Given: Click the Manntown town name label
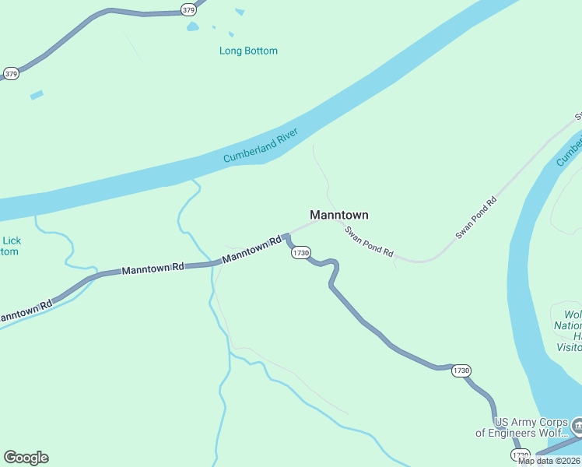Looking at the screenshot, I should [338, 215].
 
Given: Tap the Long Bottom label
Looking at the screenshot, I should [248, 51].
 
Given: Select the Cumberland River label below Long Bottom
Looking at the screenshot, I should [261, 146].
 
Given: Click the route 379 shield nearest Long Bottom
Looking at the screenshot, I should [188, 9].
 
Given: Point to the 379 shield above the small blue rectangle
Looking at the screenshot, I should [11, 74].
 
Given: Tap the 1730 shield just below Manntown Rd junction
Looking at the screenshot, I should [301, 252].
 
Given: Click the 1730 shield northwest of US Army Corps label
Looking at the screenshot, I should [461, 370].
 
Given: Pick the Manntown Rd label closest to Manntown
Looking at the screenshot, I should [251, 250].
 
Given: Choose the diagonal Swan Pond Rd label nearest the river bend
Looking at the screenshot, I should [475, 217].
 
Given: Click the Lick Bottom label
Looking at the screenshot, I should [10, 246].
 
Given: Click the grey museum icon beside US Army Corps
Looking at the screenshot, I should [577, 426].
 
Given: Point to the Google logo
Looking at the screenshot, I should [26, 458].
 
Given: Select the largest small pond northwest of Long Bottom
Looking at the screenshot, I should [192, 26].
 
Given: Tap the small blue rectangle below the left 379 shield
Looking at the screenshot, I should [37, 95].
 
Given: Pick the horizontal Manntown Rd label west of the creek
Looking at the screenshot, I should [153, 269].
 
